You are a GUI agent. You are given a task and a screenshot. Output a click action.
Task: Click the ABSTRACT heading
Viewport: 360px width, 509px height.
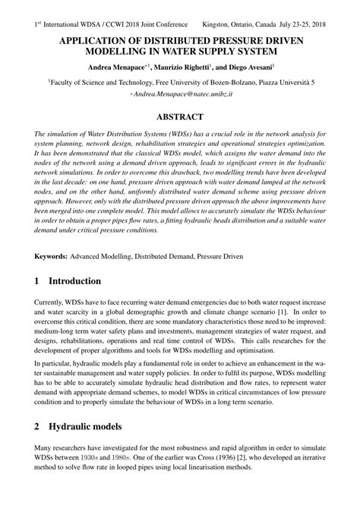tap(179, 117)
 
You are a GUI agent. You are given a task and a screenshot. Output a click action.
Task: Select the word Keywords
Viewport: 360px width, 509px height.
tap(53, 257)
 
